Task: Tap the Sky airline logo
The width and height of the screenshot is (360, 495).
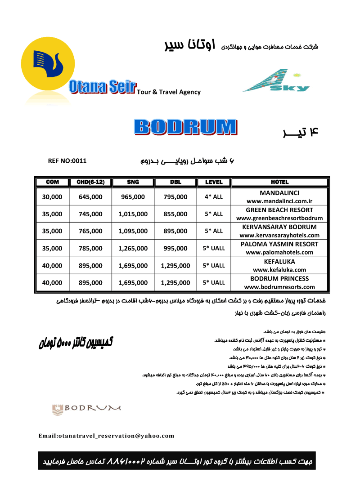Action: click(276, 81)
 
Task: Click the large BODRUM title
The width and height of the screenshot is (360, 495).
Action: click(185, 127)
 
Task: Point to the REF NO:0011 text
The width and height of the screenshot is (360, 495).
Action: click(67, 161)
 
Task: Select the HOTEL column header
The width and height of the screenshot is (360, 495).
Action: click(279, 182)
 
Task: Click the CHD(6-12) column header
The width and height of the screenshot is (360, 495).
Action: click(90, 182)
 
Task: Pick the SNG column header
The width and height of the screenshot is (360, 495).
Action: click(133, 182)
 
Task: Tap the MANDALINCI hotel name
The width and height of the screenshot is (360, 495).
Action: click(279, 193)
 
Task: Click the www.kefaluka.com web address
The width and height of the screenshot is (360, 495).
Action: click(279, 270)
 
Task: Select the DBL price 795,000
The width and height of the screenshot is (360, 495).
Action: click(175, 197)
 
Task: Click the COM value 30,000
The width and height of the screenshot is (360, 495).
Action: click(52, 197)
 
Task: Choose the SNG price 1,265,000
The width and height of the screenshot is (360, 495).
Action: click(133, 248)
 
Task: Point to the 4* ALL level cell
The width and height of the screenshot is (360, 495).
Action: click(214, 197)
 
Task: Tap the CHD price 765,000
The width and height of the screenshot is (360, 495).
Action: click(90, 231)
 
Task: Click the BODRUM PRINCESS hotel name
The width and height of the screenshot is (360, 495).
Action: click(279, 278)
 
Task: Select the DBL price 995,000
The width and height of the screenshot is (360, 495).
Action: click(175, 248)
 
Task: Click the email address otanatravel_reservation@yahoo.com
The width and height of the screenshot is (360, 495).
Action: click(106, 436)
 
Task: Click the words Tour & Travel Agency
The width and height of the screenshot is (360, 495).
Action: click(169, 92)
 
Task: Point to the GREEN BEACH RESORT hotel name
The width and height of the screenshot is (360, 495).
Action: click(279, 210)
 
